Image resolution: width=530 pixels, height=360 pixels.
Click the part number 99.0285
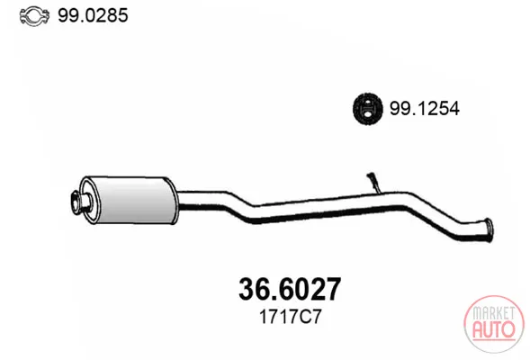coord(93,15)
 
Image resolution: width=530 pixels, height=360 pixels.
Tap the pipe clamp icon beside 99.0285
coord(34,15)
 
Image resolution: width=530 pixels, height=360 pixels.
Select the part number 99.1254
coord(424,109)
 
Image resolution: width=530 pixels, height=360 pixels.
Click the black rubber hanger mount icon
coord(368,109)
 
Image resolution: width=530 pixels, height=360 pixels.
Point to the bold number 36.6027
coord(290,289)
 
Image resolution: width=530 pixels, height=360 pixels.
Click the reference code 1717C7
coord(290,317)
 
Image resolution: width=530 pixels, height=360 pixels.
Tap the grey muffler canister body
coord(131,200)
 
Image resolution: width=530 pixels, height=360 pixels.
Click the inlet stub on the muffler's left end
coord(81,202)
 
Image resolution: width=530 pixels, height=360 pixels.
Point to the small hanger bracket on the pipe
coord(373,183)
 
